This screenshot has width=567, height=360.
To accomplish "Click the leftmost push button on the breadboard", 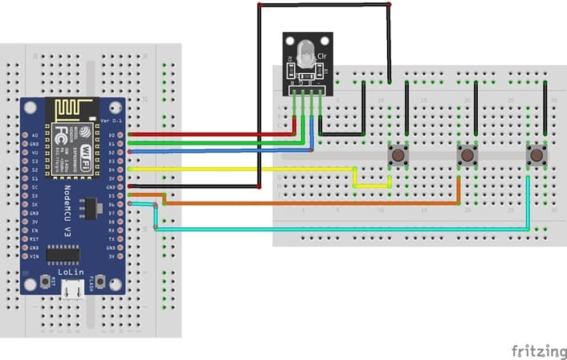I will (397, 155).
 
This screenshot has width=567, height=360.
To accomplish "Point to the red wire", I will (209, 135).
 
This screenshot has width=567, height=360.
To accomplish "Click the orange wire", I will (305, 204).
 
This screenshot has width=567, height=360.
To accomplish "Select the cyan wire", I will (337, 230).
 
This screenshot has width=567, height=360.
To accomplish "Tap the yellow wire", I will (241, 169).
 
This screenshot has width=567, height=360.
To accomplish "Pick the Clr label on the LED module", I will (322, 56).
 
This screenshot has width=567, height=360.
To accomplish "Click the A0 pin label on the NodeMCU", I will (35, 135).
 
